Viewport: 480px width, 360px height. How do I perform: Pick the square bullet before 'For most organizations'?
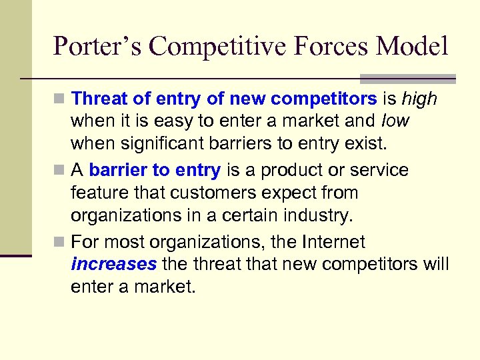(x=61, y=242)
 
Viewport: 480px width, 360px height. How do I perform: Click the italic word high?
(x=419, y=99)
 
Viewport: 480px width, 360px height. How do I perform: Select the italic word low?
(x=396, y=122)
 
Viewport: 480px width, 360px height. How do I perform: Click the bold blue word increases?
(x=113, y=265)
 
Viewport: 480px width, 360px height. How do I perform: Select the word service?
(x=380, y=171)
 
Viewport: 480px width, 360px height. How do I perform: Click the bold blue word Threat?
(x=100, y=99)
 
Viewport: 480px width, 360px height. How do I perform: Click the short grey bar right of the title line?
(x=407, y=78)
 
